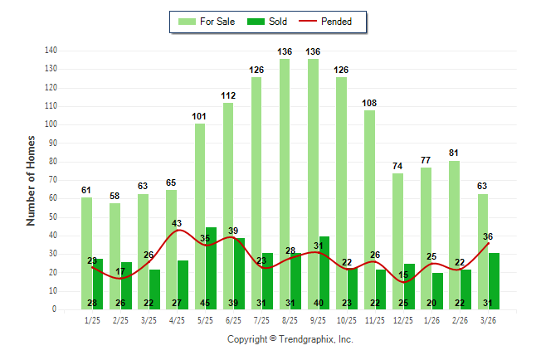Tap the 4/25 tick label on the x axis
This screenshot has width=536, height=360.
point(177,319)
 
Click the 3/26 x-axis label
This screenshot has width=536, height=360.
point(488,319)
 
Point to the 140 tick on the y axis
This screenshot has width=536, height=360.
point(51,51)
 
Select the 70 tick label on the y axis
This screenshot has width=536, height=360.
point(52,180)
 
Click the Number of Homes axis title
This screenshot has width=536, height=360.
point(32,180)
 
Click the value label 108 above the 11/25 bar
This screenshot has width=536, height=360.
point(369,103)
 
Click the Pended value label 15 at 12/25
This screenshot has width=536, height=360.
point(403,275)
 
